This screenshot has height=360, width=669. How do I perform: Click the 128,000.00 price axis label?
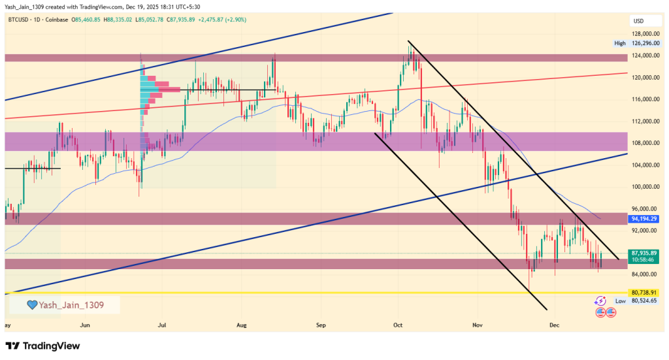coord(644,34)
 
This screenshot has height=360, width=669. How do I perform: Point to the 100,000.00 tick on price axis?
coord(644,187)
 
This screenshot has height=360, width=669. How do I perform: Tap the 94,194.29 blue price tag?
coord(644,218)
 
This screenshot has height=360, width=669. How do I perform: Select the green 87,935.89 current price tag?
coord(644,253)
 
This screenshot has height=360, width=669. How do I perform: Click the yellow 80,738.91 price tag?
coord(644,293)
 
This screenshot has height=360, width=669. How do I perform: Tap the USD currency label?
coord(638,21)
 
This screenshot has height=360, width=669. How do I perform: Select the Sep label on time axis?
coord(321,324)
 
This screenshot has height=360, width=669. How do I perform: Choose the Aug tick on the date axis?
coord(242,324)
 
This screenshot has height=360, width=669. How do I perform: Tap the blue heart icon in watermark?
coord(31,304)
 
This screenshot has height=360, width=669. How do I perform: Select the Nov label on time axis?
coord(478,324)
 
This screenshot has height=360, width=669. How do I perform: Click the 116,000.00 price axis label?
coord(644,99)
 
